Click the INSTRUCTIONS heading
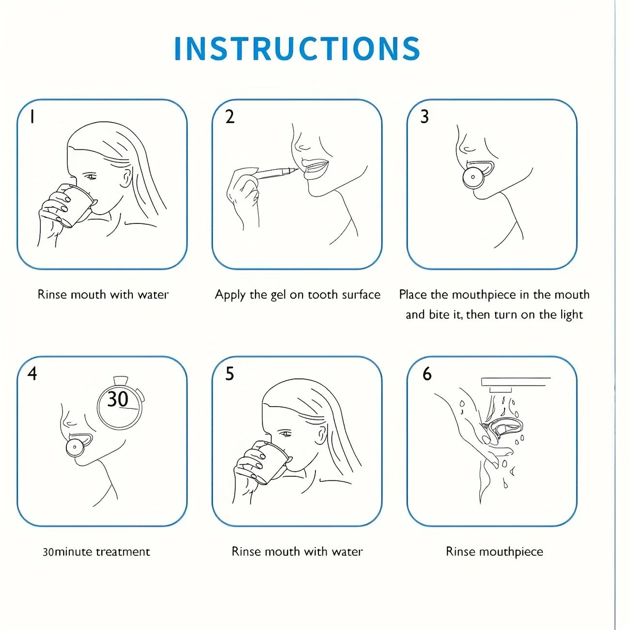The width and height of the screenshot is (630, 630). pyautogui.click(x=297, y=48)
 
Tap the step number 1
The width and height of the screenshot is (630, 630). pyautogui.click(x=32, y=117)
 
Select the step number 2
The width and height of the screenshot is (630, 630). pyautogui.click(x=230, y=117)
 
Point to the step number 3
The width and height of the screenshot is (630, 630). pyautogui.click(x=425, y=117)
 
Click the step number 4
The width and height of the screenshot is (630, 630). pyautogui.click(x=32, y=373)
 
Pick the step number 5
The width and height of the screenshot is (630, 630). pyautogui.click(x=230, y=373)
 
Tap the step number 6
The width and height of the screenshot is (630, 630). pyautogui.click(x=427, y=373)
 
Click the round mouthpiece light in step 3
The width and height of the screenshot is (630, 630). pyautogui.click(x=473, y=177)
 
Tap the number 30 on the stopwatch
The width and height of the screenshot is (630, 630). pyautogui.click(x=118, y=399)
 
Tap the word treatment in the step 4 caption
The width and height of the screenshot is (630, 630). pyautogui.click(x=123, y=552)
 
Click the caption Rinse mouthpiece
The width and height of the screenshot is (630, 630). pyautogui.click(x=494, y=552)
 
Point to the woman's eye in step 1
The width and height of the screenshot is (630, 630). pyautogui.click(x=91, y=177)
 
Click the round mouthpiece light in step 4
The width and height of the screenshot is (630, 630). pyautogui.click(x=75, y=447)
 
